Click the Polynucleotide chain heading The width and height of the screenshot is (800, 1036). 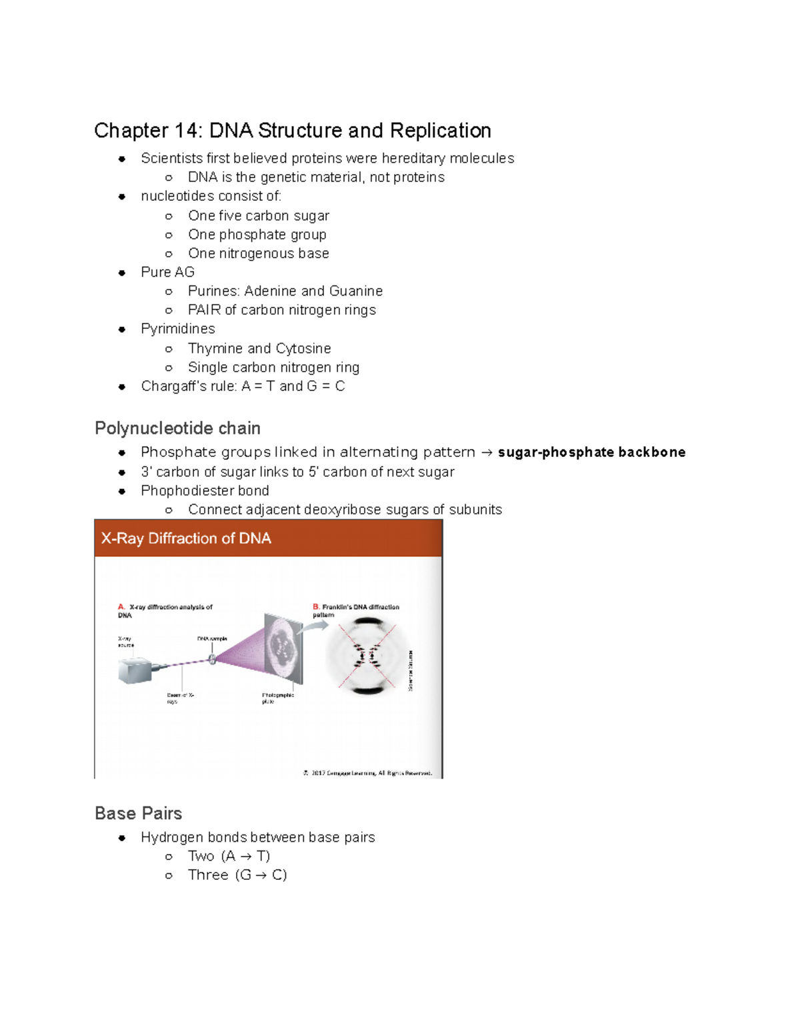coord(177,428)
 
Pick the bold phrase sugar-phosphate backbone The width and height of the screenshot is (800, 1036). coord(591,452)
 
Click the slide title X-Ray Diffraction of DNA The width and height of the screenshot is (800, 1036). coord(186,538)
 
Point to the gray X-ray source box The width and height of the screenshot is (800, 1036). coord(135,670)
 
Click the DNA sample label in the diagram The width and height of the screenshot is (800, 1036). coord(212,639)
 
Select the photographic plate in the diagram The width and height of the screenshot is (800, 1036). coord(283,647)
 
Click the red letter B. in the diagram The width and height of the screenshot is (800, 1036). coord(316,607)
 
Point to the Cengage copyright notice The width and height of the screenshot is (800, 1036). coord(368,773)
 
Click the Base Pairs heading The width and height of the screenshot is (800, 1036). coord(138,814)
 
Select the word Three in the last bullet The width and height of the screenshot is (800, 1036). coord(208,875)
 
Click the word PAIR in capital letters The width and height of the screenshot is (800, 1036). coord(204,310)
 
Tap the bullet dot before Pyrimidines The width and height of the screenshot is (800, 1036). coord(122,330)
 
